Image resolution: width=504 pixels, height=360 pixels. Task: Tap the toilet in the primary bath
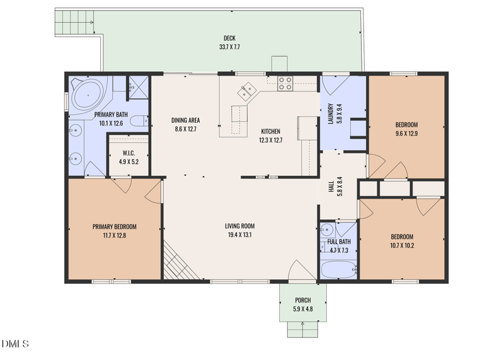coord(142,120)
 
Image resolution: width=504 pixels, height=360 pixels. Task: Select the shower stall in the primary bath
coord(136,88)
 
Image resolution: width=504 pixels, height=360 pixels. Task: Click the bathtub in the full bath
coord(339,270)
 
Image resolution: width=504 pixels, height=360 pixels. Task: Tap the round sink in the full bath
coord(327,229)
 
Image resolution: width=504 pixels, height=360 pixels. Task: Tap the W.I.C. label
coord(128,153)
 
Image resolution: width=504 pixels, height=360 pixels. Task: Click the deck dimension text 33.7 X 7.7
coord(229,47)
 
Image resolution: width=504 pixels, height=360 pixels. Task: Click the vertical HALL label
coord(331,186)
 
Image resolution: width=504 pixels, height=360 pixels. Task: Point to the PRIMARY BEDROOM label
coord(114,227)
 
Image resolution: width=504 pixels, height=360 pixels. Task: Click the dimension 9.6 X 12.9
coord(406,134)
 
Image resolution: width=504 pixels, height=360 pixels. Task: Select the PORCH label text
coord(303,300)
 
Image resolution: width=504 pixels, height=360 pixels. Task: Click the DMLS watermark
coord(15,344)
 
